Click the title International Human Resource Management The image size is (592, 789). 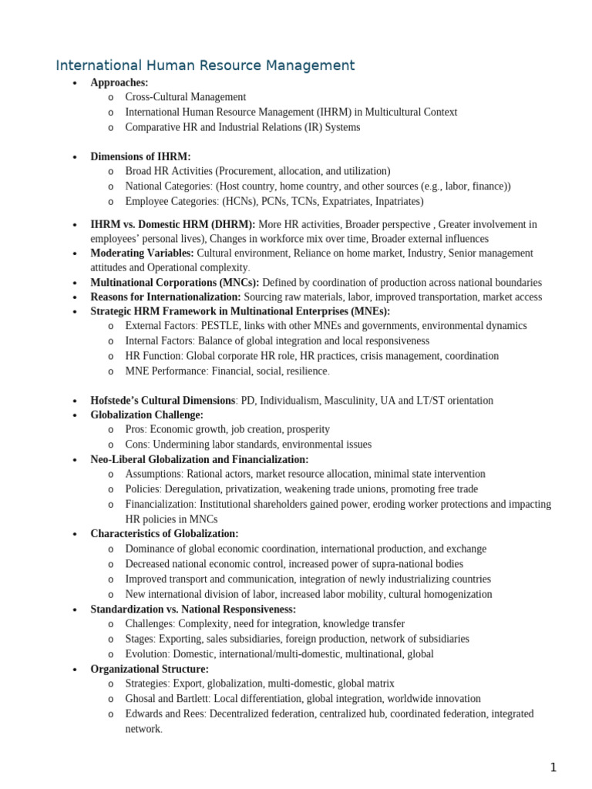coord(205,65)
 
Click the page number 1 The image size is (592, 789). coord(553,767)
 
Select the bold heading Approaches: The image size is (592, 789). coord(119,82)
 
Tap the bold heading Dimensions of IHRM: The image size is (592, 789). coord(140,156)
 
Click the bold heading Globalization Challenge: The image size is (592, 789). coord(147,415)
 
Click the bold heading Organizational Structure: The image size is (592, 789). coord(150,669)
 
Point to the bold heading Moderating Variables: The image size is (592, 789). coord(143,253)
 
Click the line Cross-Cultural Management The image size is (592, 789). coord(186,97)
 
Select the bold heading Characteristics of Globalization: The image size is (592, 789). coord(164,533)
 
